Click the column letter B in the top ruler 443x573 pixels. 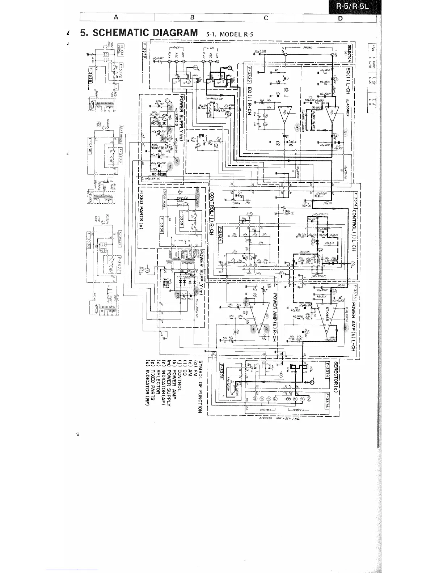point(193,17)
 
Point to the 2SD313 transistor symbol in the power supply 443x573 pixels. point(166,117)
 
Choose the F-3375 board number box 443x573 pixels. point(221,373)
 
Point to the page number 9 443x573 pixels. point(78,434)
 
